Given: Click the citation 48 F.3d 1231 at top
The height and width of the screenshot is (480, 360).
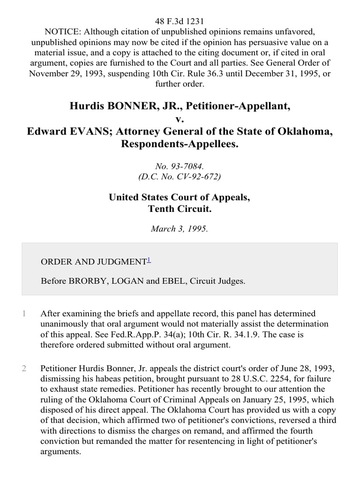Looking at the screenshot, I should [x=180, y=8].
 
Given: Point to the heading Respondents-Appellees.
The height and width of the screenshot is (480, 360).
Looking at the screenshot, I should [x=180, y=144].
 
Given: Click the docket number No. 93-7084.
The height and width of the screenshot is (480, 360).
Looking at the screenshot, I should [x=180, y=166].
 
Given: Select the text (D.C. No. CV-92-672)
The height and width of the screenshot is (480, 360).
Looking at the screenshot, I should [x=180, y=177].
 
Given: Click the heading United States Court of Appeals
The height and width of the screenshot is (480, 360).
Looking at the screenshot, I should [x=180, y=197].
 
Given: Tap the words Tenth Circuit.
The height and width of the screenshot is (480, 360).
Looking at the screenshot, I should [x=180, y=209].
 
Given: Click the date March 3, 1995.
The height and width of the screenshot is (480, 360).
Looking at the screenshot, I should [x=180, y=229].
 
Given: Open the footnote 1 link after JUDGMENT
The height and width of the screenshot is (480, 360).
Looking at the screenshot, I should [x=149, y=259].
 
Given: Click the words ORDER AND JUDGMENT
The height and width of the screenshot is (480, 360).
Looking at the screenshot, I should [x=94, y=262].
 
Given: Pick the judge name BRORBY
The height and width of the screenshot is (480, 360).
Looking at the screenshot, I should [x=89, y=281].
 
